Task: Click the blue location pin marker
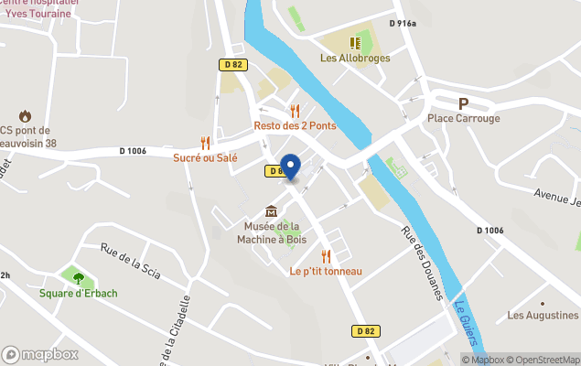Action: point(290,167)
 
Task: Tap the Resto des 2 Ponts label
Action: point(295,125)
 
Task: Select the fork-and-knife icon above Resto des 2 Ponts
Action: point(295,110)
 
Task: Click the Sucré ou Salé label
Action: point(205,157)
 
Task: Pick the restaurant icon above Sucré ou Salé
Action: point(205,143)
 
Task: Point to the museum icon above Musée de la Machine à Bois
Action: point(271,211)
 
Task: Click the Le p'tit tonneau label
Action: point(326,271)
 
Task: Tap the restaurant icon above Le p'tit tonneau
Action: point(326,256)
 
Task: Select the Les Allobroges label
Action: point(355,58)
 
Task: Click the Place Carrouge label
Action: point(464,118)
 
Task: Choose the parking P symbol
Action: point(463,103)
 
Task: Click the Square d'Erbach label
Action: point(78,293)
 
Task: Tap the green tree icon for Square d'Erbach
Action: point(78,277)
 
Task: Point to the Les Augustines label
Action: point(543,316)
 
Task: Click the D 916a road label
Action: point(402,24)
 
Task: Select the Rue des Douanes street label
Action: point(422,262)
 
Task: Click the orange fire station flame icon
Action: point(24,115)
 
